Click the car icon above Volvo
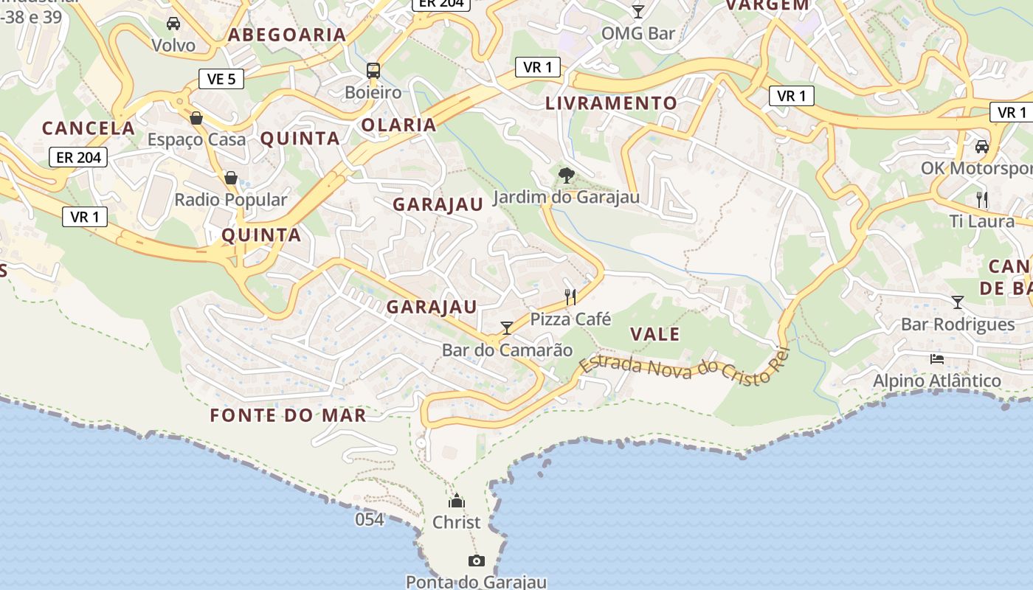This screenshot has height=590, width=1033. [x=173, y=24]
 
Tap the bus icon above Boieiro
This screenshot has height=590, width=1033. [x=373, y=71]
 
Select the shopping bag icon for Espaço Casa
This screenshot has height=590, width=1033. [x=196, y=118]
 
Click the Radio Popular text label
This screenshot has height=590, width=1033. [x=230, y=200]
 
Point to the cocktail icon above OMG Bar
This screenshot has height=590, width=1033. [x=638, y=11]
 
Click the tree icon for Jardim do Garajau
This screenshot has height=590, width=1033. [x=566, y=175]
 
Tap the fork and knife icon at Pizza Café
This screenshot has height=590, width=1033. [x=570, y=297]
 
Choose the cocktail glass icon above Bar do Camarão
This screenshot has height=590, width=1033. [x=506, y=328]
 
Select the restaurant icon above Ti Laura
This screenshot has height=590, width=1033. [x=982, y=199]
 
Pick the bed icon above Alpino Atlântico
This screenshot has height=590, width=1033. [x=937, y=359]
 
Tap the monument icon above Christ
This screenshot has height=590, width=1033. [x=457, y=501]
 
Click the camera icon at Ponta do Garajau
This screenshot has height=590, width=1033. [x=477, y=560]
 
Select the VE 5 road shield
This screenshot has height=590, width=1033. [x=221, y=79]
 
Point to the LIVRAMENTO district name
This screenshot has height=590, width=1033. [x=611, y=103]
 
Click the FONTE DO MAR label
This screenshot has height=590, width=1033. [x=288, y=415]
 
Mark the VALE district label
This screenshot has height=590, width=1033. [x=655, y=334]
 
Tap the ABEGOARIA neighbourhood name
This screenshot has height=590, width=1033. [x=287, y=35]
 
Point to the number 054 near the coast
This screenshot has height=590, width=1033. [x=370, y=519]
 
